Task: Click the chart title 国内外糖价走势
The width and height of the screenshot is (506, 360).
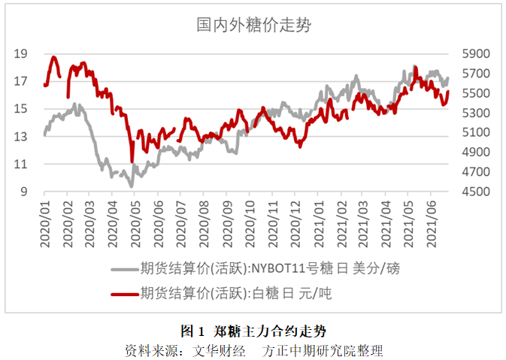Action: click(x=254, y=25)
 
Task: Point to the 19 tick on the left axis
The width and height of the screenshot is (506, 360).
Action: click(x=20, y=53)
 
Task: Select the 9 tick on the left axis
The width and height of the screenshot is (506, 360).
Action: click(x=24, y=192)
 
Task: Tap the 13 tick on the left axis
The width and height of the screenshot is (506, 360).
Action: click(x=20, y=136)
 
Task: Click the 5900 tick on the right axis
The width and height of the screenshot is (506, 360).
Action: click(x=477, y=53)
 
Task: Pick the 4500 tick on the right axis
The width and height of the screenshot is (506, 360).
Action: click(x=477, y=192)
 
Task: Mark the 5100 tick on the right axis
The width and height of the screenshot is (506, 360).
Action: click(x=477, y=132)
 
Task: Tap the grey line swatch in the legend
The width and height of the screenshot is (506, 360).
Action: click(x=124, y=269)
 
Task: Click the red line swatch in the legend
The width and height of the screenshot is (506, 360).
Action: click(x=124, y=295)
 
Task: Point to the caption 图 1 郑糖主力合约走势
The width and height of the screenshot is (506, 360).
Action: click(x=253, y=331)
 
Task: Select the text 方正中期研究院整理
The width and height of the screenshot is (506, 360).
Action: click(x=330, y=350)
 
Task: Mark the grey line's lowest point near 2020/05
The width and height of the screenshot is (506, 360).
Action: click(x=132, y=186)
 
